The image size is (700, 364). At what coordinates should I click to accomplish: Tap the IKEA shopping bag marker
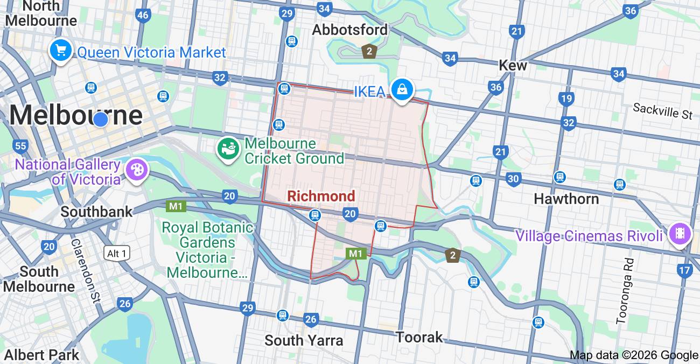402,89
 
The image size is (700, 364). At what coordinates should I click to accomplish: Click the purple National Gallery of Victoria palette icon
136,170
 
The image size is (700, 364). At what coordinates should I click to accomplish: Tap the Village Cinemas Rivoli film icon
680,234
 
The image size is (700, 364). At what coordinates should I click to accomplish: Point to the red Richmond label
321,196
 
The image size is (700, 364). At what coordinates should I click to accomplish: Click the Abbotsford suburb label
350,30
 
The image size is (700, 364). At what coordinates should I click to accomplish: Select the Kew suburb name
513,65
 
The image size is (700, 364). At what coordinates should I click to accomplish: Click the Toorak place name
419,338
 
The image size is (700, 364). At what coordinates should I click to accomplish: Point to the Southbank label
96,212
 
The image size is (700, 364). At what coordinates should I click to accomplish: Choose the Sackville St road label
663,111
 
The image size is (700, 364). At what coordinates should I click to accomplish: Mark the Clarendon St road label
86,271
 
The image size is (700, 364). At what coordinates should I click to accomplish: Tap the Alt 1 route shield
117,253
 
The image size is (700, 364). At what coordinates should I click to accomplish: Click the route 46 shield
143,15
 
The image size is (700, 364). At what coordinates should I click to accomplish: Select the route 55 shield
21,146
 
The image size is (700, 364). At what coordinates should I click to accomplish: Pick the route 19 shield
566,99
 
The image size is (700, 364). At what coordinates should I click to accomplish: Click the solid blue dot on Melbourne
101,119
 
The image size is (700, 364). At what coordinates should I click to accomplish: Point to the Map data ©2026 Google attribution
634,355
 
